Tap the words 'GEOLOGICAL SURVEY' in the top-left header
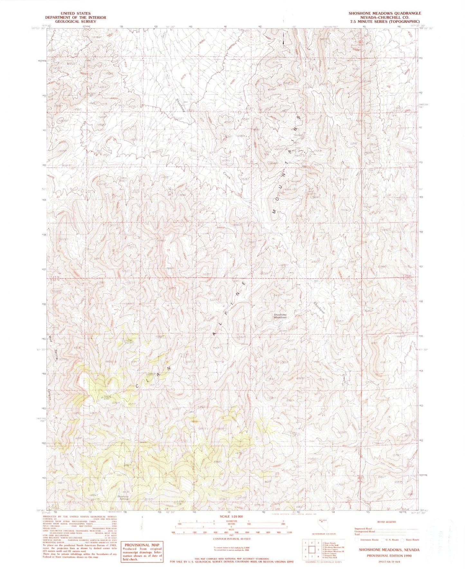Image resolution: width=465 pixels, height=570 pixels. tap(75, 22)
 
